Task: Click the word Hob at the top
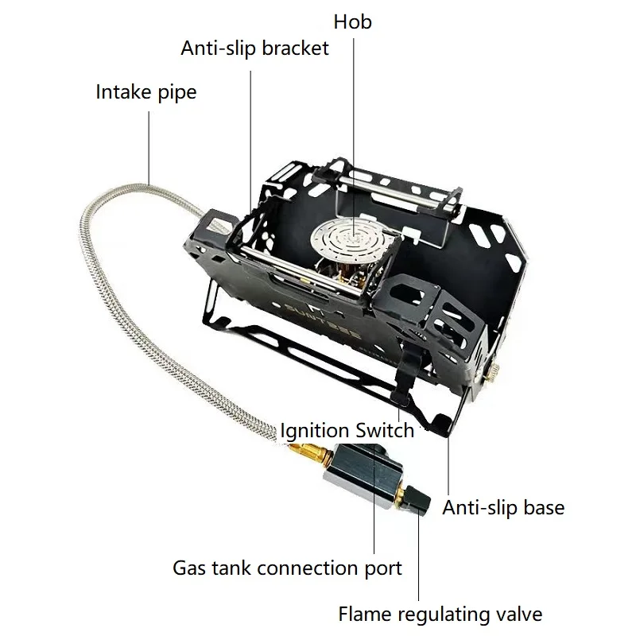pos(352,21)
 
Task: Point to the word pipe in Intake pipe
pos(176,93)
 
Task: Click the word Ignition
pos(314,431)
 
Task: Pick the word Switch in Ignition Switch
pos(384,431)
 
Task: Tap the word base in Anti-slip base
pos(543,507)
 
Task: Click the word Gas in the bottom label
pos(190,568)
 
